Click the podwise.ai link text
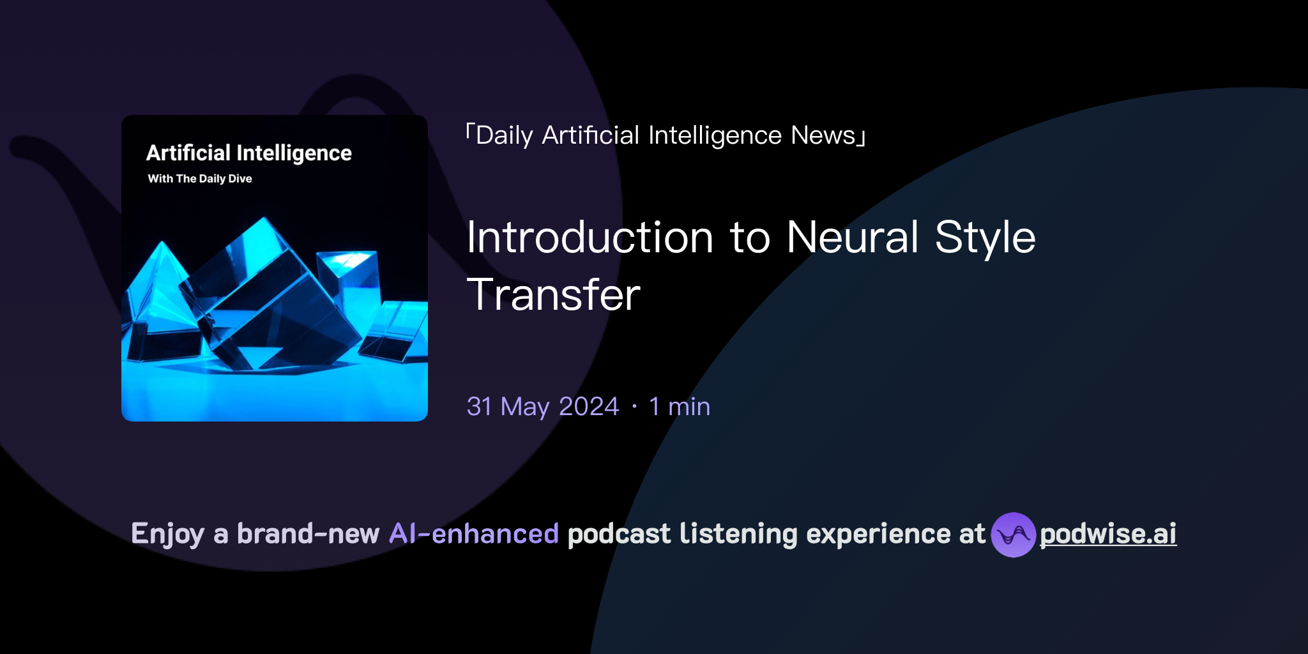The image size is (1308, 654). click(1107, 534)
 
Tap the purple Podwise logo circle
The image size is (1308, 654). click(1013, 535)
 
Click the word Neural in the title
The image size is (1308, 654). click(853, 238)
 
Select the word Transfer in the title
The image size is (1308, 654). click(553, 295)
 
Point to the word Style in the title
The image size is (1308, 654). click(985, 238)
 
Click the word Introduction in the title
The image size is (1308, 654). click(589, 238)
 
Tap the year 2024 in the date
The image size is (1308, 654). click(588, 407)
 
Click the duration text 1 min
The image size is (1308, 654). click(679, 407)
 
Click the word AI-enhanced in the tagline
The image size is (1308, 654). click(474, 534)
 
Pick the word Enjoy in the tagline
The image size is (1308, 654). click(167, 534)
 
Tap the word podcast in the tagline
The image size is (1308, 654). click(619, 534)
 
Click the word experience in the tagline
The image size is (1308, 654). click(878, 534)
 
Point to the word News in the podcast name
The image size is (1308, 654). click(823, 135)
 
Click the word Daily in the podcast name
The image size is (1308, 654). click(504, 135)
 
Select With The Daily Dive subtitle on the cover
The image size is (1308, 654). click(200, 179)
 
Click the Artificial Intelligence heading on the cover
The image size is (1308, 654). click(249, 153)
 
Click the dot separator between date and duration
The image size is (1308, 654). click(634, 407)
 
